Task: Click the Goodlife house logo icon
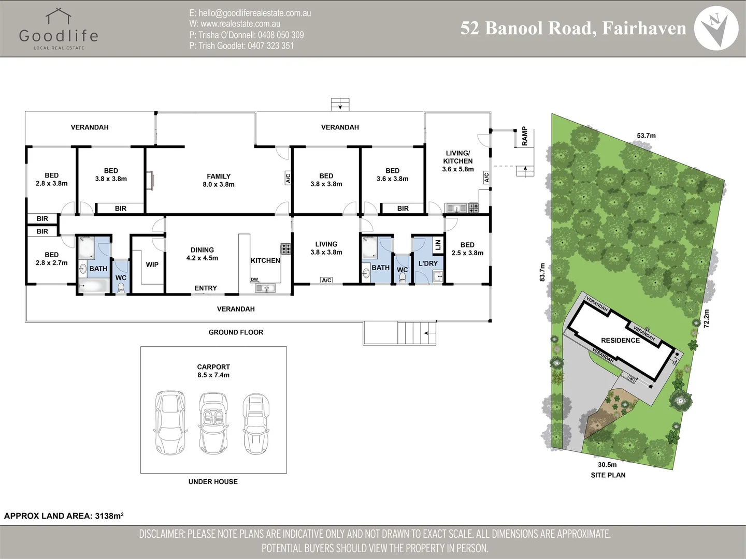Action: coord(59,16)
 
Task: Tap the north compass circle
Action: coord(716,28)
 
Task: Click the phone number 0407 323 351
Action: coord(270,46)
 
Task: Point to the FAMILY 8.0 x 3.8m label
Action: coord(219,180)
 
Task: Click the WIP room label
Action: coord(152,264)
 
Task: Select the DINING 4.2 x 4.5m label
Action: coord(202,254)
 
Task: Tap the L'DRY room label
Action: coord(428,263)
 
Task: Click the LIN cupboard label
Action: coord(438,245)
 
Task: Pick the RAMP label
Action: coord(524,136)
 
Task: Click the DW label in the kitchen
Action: coord(254,279)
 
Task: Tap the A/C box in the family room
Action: coord(288,178)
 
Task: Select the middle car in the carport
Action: coord(213,423)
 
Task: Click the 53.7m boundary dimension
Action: coord(646,136)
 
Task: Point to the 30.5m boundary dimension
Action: coord(607,465)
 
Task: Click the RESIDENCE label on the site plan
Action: coord(620,341)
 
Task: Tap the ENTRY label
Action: coord(206,288)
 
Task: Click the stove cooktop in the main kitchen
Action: coord(286,249)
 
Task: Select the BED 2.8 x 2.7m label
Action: coord(52,259)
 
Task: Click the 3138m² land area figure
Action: coord(109,516)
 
